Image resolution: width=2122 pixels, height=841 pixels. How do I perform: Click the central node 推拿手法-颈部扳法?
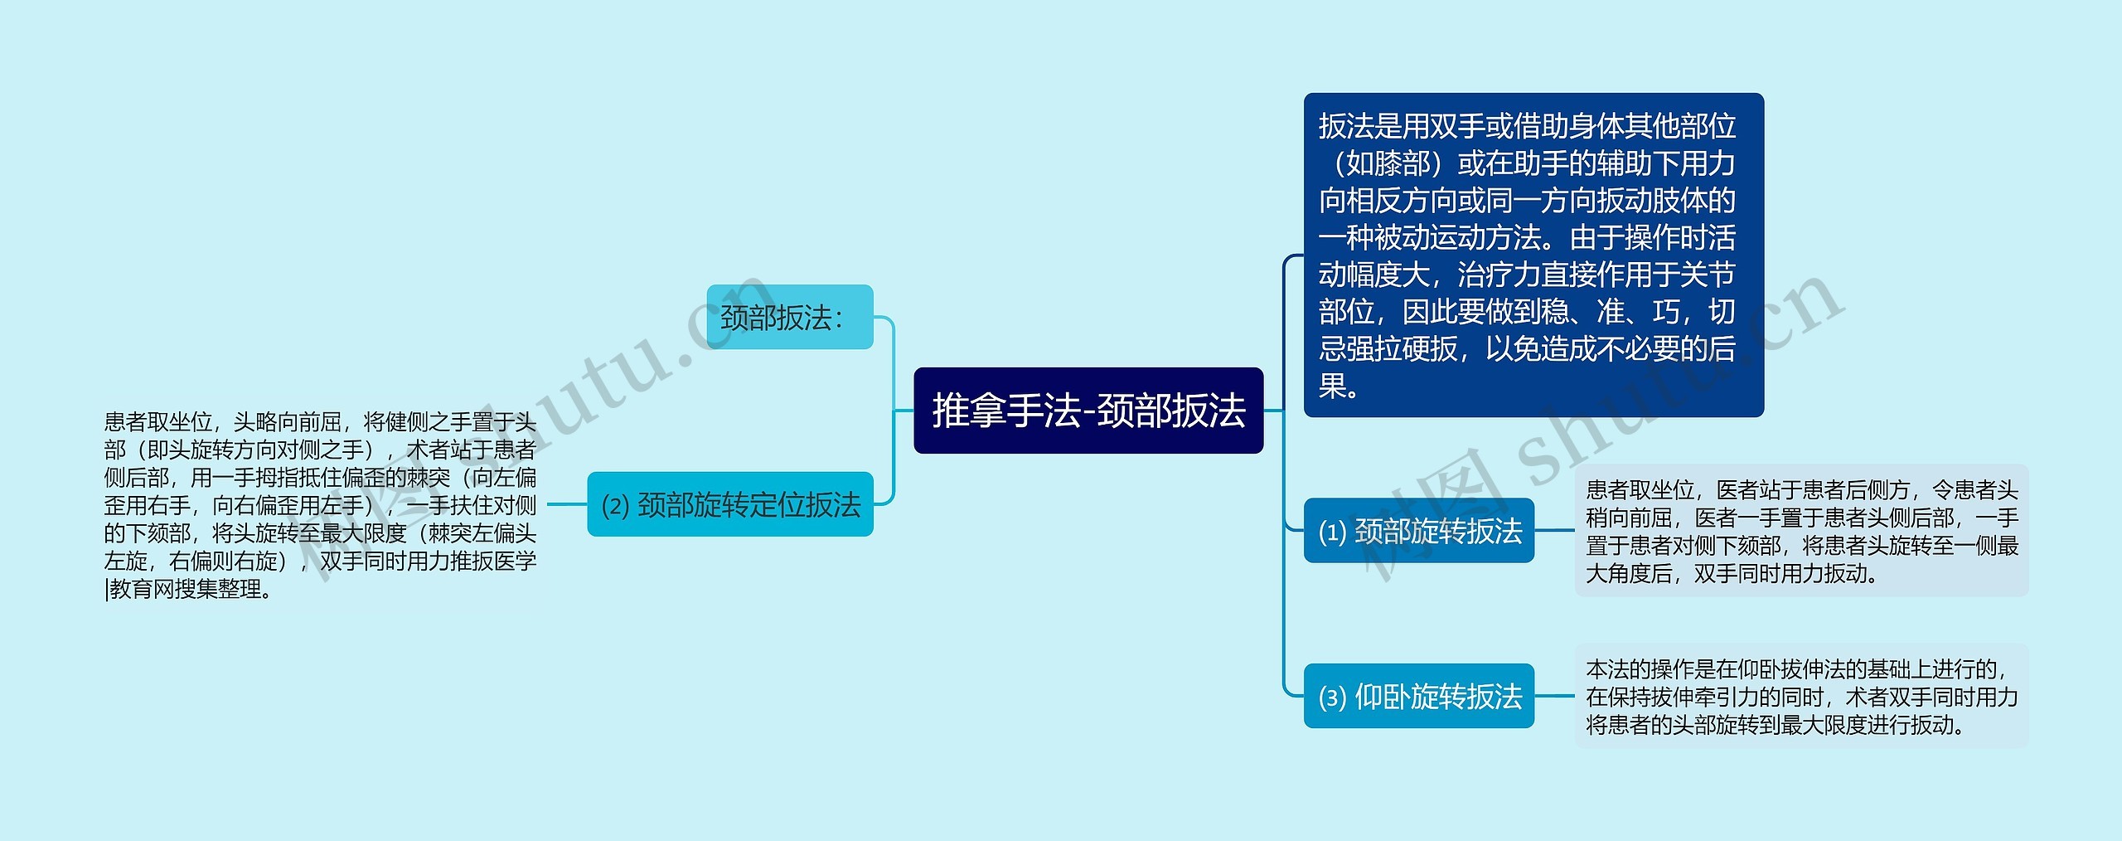(1088, 411)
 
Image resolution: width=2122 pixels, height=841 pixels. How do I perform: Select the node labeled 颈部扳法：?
(789, 317)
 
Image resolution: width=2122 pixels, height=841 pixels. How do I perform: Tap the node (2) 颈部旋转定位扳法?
(729, 504)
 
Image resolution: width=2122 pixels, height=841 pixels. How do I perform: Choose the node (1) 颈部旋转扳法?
(1418, 531)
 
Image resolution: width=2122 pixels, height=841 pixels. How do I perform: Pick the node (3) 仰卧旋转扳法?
(1418, 696)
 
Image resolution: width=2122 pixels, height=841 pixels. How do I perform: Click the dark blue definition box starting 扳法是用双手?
(1533, 255)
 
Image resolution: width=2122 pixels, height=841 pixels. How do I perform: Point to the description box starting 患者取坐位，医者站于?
(1800, 531)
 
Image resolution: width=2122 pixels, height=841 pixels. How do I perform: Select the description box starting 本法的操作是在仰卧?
(1800, 696)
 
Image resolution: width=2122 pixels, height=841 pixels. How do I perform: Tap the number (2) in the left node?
(615, 506)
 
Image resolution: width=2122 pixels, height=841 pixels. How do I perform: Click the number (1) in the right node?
(1331, 532)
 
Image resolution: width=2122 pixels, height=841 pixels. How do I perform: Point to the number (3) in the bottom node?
(1331, 698)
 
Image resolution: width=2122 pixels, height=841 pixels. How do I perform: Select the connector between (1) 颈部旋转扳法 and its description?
(1554, 531)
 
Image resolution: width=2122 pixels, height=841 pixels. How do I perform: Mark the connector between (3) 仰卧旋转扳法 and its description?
(1554, 696)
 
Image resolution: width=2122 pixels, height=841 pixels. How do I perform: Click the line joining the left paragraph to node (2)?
(567, 504)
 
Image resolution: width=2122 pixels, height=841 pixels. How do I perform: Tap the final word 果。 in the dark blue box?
(1338, 386)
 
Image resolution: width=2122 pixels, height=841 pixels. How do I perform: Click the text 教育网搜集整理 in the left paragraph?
(186, 590)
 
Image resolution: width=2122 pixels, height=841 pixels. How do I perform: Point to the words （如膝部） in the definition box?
(1386, 163)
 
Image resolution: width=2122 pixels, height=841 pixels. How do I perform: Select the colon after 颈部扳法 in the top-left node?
(839, 318)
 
